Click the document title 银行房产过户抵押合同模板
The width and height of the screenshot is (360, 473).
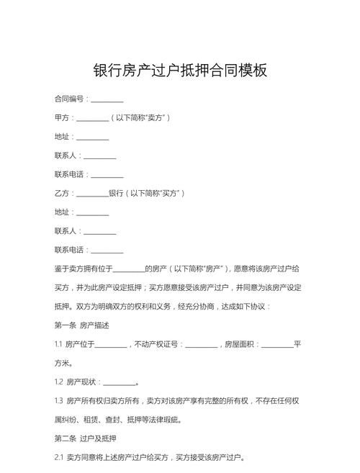[180, 71]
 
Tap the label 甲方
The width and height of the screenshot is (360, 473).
[61, 118]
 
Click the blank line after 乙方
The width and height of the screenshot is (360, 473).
[92, 194]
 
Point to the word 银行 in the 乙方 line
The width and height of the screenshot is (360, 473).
[116, 194]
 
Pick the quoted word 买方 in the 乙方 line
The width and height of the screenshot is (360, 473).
[170, 194]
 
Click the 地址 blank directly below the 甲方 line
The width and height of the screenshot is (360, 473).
[93, 137]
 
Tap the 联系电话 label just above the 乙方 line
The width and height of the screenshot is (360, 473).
[70, 175]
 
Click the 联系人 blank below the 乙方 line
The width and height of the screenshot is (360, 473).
[100, 232]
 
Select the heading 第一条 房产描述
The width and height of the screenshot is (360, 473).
[82, 325]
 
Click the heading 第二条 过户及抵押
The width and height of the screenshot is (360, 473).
[85, 438]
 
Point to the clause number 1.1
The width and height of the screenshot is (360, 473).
[58, 345]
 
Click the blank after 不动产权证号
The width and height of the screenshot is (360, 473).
[201, 345]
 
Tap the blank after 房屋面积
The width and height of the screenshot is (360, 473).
[277, 345]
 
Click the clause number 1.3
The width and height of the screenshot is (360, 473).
[59, 401]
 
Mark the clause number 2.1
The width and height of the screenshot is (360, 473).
[59, 457]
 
